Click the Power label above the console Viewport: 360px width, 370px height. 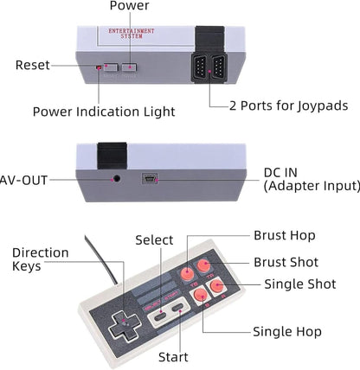click(129, 7)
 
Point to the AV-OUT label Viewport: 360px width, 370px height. click(23, 180)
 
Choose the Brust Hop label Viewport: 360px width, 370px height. click(284, 234)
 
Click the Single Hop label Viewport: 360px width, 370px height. click(286, 331)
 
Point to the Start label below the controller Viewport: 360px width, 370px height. click(173, 356)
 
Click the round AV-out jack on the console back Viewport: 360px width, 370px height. click(117, 179)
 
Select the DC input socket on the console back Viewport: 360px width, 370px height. click(150, 179)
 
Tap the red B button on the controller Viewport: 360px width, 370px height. click(201, 296)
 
